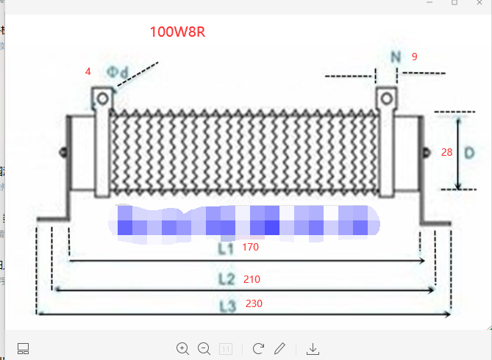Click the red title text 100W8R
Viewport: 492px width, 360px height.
(177, 32)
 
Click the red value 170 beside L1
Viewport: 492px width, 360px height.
(250, 248)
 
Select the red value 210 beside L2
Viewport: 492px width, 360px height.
(252, 279)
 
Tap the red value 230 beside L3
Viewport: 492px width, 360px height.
(254, 303)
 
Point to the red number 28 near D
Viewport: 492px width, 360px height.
(446, 152)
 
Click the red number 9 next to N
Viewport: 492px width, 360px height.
(415, 56)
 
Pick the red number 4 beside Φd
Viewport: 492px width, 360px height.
(88, 72)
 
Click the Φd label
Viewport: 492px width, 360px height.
(118, 72)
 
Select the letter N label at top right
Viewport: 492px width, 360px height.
(396, 57)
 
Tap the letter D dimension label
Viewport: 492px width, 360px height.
(468, 152)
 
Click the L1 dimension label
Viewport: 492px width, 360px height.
(225, 249)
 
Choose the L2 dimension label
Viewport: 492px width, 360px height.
(226, 280)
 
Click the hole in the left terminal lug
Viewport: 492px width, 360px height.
(102, 97)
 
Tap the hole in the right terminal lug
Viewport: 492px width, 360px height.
(386, 97)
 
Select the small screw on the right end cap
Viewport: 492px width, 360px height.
(425, 153)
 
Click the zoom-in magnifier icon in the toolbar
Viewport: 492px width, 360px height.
(182, 348)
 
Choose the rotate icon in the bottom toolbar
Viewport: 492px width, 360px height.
(258, 348)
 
